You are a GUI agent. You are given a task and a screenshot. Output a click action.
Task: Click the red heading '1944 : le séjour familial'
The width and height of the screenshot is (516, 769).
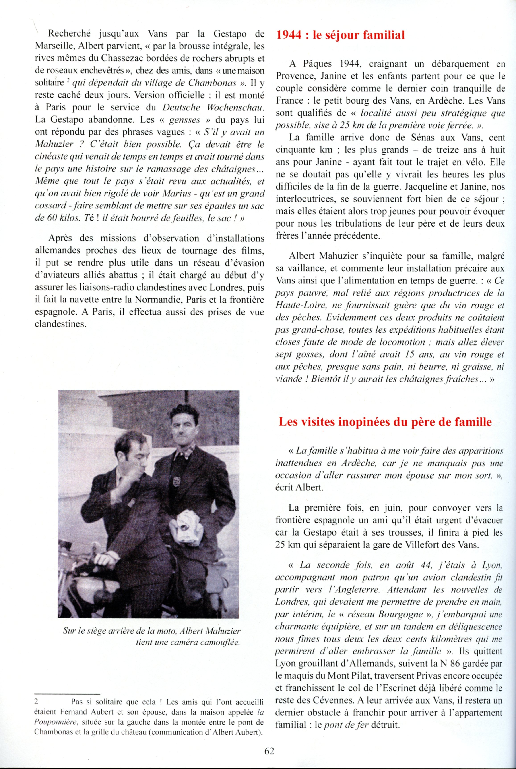(340, 35)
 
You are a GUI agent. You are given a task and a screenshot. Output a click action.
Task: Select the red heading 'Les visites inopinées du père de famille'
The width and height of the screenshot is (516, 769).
(385, 422)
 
